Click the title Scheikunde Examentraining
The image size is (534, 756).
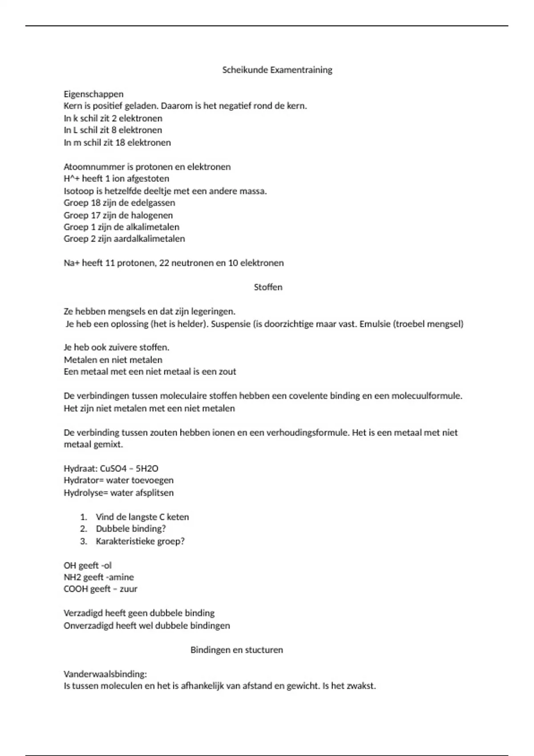point(277,70)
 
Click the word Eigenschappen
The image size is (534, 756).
point(93,94)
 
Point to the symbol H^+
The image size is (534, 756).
point(72,179)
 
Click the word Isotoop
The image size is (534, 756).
point(78,191)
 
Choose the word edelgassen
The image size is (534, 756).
point(153,203)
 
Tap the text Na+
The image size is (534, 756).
point(71,263)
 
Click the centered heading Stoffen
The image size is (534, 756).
point(268,287)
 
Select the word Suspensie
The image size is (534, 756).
point(231,324)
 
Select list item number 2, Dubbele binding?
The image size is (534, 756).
point(130,529)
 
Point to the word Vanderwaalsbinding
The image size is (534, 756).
point(105,674)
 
